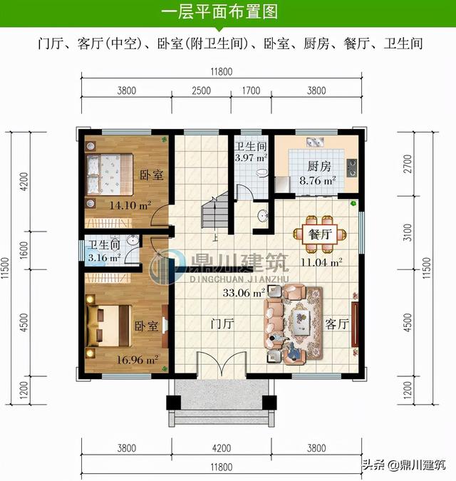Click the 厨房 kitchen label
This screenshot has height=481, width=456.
pos(319,166)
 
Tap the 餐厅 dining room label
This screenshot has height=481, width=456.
pos(320,234)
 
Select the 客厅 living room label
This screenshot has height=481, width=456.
pos(337,324)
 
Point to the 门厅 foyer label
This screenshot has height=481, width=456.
pos(222,324)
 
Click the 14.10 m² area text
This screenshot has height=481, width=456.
pos(130,205)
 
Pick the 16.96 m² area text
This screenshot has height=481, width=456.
pos(138,359)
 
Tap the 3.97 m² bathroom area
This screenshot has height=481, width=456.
pos(251,157)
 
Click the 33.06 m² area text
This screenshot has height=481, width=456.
pos(244,293)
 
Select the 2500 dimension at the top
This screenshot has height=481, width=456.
pos(201,90)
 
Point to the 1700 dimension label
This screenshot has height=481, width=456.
pos(251,90)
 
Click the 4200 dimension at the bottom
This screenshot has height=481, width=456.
pos(222,448)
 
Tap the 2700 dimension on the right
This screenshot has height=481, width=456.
pos(408,164)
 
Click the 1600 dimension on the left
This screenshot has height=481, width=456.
pos(24,250)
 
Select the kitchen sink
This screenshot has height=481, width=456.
pos(315,143)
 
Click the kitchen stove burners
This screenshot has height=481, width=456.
pos(352,167)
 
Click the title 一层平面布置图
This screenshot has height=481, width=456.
pos(219,12)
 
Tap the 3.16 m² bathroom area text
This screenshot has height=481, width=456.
pos(104,258)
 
